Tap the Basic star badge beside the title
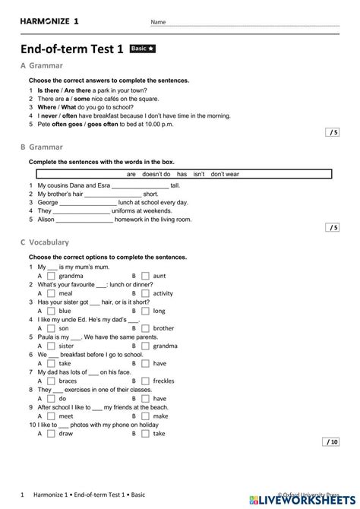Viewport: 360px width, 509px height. pyautogui.click(x=144, y=49)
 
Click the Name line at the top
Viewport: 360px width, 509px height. pyautogui.click(x=251, y=24)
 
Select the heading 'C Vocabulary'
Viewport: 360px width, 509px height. pyautogui.click(x=45, y=242)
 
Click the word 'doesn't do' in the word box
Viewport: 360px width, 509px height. pyautogui.click(x=156, y=174)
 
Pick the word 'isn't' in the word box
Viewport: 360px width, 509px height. pyautogui.click(x=199, y=174)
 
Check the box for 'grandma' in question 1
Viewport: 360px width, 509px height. pyautogui.click(x=51, y=276)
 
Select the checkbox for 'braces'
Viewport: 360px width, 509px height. pyautogui.click(x=51, y=381)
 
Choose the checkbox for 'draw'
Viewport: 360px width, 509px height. pyautogui.click(x=51, y=433)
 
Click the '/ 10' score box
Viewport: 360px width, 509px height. pyautogui.click(x=331, y=463)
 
